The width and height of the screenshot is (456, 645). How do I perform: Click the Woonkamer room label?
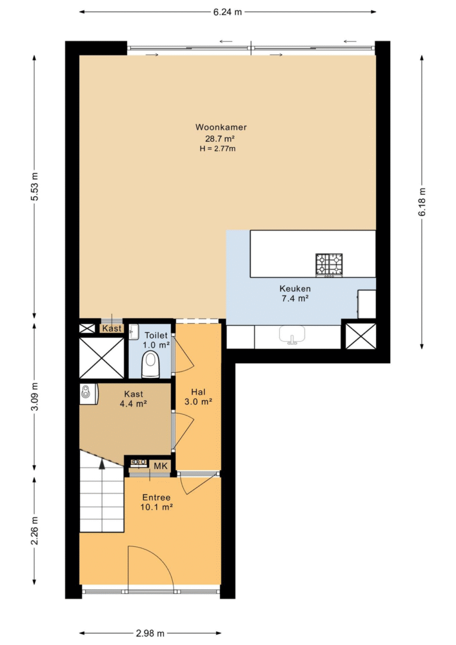221,127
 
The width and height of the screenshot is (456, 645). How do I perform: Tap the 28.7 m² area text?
220,139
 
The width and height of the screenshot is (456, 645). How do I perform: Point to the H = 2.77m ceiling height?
218,149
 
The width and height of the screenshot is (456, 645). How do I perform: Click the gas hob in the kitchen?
329,265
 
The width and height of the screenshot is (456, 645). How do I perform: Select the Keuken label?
295,288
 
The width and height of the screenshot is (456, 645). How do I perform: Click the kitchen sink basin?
292,335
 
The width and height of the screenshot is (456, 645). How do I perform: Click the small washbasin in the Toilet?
134,332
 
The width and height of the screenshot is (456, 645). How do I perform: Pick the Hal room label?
198,392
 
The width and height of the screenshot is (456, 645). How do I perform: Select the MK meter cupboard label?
161,466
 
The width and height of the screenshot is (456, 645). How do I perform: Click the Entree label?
156,498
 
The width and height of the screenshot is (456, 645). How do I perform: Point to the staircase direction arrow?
102,464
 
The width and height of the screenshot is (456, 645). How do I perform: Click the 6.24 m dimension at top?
227,12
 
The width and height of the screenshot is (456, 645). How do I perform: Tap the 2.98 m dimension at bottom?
150,633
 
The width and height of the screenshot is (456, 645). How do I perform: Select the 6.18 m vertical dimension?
422,202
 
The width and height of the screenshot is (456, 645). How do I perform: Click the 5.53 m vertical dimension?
34,186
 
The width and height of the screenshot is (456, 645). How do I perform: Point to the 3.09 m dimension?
34,396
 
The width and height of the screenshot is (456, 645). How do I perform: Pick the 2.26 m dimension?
34,531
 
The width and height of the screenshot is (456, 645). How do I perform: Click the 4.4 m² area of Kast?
134,404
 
